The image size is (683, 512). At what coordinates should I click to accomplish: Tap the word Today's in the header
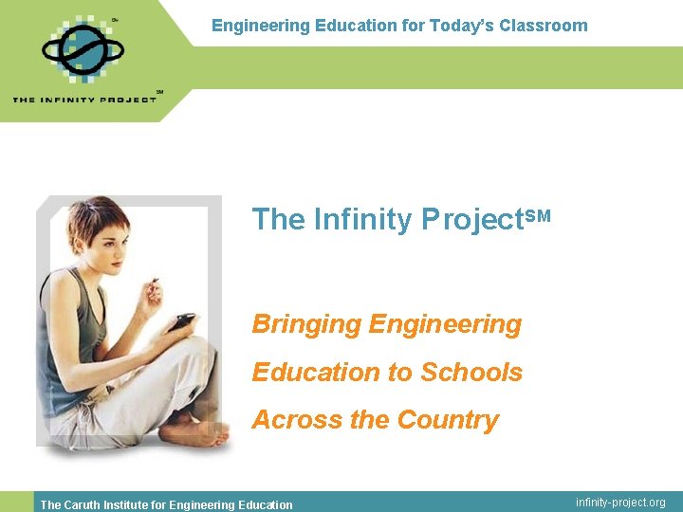(x=460, y=26)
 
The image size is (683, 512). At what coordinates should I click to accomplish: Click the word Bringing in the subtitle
(x=305, y=324)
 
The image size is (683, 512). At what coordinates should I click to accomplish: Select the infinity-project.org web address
(x=620, y=503)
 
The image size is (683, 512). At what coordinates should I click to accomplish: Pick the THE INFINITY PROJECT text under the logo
(x=84, y=99)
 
